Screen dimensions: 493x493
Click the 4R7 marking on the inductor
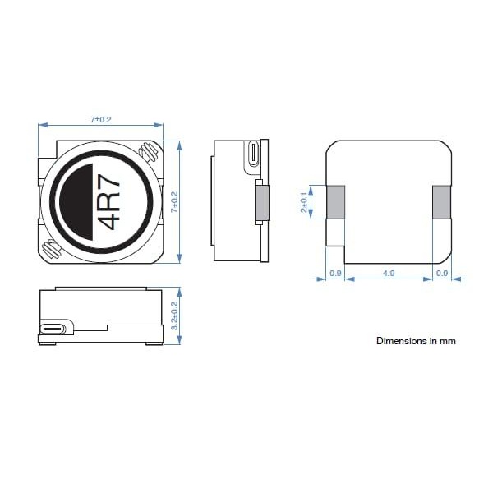(x=110, y=202)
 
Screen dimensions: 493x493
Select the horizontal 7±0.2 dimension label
(x=100, y=119)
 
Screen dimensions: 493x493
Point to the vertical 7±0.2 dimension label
(x=174, y=202)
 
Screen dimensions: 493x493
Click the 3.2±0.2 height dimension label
(x=174, y=316)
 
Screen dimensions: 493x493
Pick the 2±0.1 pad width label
(x=304, y=202)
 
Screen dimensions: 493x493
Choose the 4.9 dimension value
(x=389, y=274)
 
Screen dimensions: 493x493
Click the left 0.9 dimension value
(x=335, y=274)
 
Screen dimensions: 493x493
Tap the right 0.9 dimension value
(x=442, y=274)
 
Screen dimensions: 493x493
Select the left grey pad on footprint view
(x=335, y=202)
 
